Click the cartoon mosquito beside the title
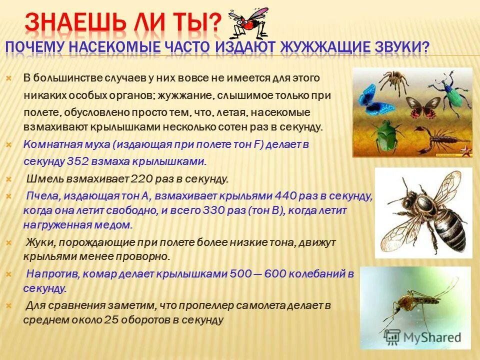click(247, 22)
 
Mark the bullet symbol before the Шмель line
click(8, 178)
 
